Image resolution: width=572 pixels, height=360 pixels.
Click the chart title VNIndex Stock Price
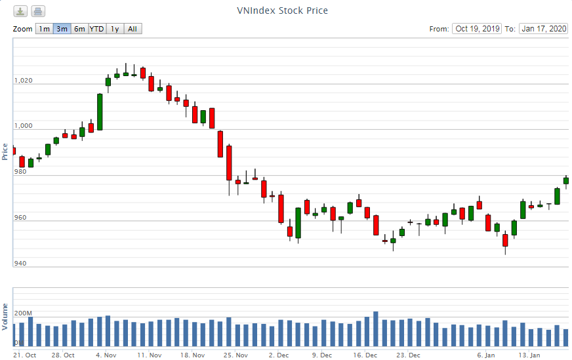pos(282,10)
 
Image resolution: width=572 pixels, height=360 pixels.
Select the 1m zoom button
pos(43,29)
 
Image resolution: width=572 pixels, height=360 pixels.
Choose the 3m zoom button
pos(62,29)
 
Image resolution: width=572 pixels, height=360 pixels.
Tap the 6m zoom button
pos(79,29)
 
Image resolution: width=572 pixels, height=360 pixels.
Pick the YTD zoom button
pos(96,29)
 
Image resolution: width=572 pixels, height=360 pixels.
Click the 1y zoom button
pos(115,29)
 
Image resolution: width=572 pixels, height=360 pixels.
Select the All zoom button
pos(133,29)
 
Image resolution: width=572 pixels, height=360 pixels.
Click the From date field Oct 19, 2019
pos(477,29)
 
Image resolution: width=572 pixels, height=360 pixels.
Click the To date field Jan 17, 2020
pos(544,29)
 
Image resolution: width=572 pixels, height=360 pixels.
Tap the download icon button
pos(21,11)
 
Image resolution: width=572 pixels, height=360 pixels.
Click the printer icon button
pos(38,11)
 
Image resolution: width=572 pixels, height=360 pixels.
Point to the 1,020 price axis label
pos(23,81)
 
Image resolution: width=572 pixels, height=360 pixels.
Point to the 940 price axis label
pos(20,264)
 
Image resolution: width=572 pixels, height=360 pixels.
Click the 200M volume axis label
pos(23,313)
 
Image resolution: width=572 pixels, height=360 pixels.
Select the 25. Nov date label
pos(235,355)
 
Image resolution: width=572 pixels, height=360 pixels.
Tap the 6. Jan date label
pos(486,355)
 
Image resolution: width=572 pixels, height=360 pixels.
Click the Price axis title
pos(5,151)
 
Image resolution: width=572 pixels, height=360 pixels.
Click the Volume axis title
pos(5,316)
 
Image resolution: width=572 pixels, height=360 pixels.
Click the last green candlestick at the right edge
pos(566,180)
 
